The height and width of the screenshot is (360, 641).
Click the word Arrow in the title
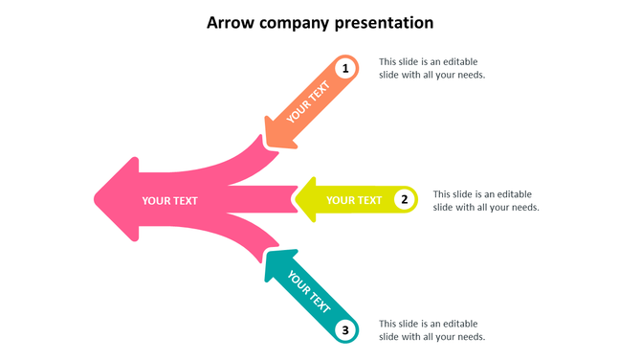[232, 22]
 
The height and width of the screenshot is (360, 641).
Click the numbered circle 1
[345, 69]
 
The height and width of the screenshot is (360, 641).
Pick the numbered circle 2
[405, 199]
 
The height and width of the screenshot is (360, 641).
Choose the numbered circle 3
[345, 330]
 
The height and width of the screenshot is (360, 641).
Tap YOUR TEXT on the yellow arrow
[354, 200]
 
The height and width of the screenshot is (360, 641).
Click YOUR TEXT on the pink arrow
[169, 200]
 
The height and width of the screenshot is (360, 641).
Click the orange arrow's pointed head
[276, 135]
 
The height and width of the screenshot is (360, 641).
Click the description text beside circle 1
[431, 68]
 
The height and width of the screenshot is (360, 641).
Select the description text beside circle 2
[485, 200]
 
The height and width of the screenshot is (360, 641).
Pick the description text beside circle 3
[431, 330]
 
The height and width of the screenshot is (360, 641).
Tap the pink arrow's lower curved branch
[239, 237]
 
